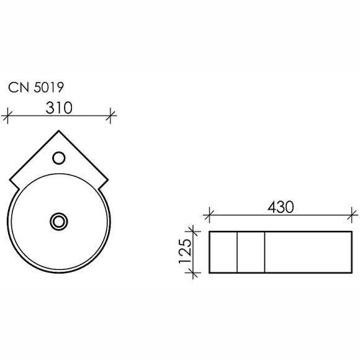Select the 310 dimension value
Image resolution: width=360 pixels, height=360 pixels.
coord(60,107)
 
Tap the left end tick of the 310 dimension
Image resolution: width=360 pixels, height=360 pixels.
coord(8,114)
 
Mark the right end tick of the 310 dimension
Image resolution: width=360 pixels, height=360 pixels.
coord(111,114)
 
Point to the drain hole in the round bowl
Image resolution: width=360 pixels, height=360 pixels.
coord(60,220)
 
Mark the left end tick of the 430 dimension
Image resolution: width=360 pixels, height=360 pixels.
coord(209,215)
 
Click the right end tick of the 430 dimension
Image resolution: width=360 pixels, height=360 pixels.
coord(355,215)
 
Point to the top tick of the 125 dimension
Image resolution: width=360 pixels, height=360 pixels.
coord(195,232)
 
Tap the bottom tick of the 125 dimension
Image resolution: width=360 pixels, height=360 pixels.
coord(195,273)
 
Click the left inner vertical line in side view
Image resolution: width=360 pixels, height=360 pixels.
coord(238,252)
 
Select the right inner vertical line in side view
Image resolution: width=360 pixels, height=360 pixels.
coord(265,252)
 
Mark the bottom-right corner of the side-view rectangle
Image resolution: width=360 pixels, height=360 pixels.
coord(355,273)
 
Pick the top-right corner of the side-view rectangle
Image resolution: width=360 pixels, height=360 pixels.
coord(355,232)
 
